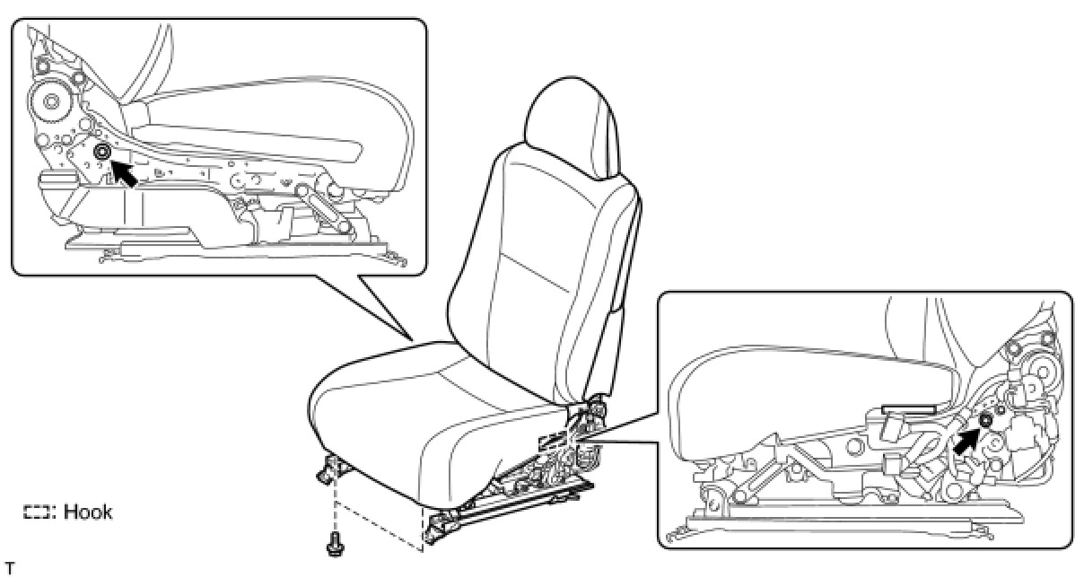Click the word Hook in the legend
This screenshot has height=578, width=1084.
pyautogui.click(x=87, y=512)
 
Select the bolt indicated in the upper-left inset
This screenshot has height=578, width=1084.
pyautogui.click(x=101, y=153)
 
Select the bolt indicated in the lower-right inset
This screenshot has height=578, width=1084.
pyautogui.click(x=985, y=421)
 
